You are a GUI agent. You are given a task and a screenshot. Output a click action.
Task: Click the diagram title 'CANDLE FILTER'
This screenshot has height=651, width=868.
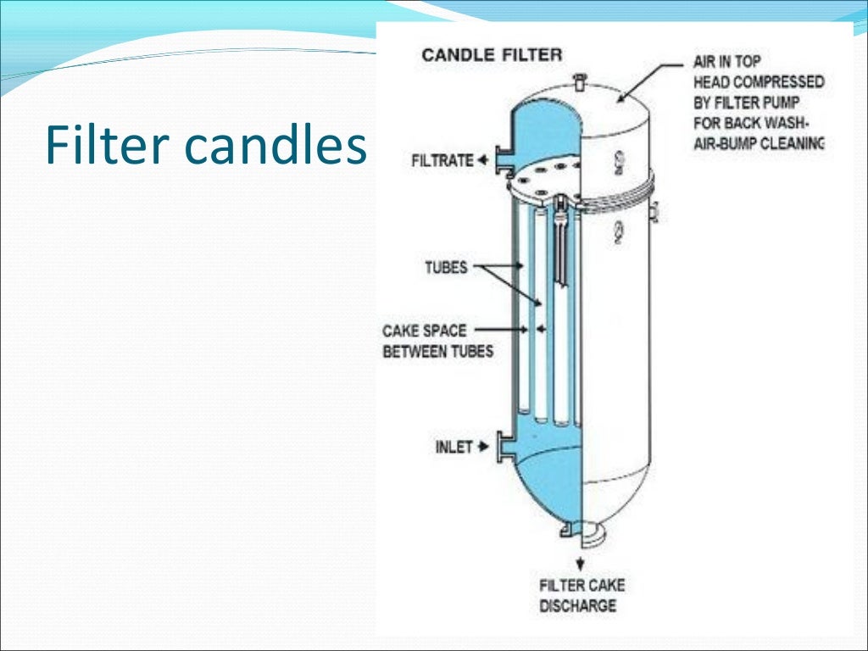click(492, 55)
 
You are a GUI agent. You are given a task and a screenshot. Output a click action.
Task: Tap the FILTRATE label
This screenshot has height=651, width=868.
click(442, 160)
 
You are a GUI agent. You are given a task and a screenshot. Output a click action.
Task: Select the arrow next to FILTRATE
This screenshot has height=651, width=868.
click(482, 160)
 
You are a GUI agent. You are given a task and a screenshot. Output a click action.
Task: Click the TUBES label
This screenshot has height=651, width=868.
click(445, 268)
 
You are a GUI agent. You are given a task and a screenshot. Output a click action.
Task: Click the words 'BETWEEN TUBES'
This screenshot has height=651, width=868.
click(437, 351)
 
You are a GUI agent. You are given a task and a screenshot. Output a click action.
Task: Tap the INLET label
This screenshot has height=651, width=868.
click(453, 447)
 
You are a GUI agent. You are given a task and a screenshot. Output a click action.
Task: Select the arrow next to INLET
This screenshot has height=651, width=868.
click(484, 447)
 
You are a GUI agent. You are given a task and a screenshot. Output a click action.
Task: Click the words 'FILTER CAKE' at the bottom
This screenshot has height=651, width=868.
click(581, 585)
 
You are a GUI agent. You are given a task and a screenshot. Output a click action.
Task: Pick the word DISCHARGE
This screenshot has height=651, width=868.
click(577, 605)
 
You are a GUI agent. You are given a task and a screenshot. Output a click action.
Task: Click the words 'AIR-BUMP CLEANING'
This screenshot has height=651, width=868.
click(758, 143)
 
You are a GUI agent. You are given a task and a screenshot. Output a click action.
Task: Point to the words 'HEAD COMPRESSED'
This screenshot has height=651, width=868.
click(758, 82)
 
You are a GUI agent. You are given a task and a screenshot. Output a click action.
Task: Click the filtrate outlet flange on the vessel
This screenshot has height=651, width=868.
click(502, 160)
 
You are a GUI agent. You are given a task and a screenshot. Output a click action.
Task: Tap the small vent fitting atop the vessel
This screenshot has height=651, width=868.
click(579, 81)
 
